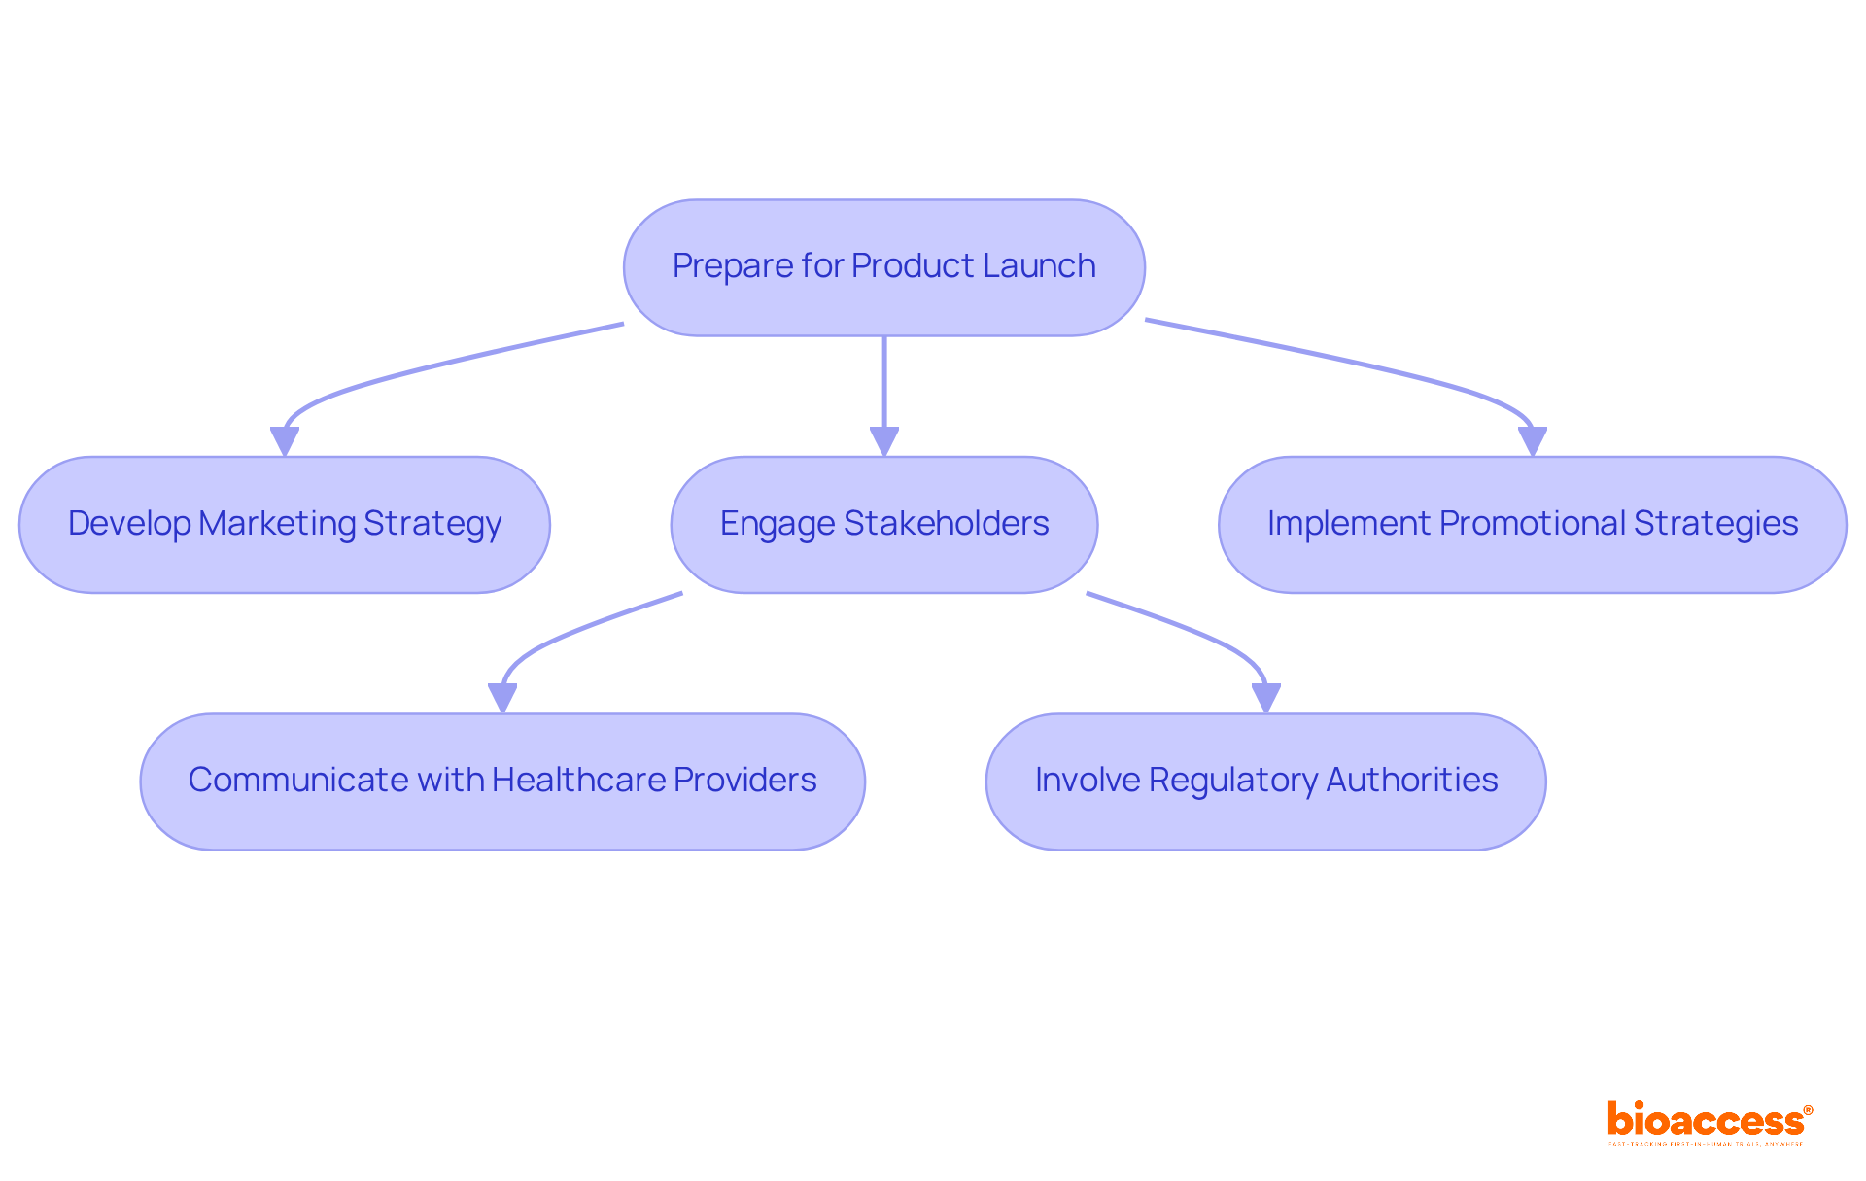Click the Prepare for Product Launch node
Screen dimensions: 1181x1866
click(883, 267)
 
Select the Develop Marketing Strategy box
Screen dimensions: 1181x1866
click(284, 525)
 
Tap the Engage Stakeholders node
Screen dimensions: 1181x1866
click(883, 525)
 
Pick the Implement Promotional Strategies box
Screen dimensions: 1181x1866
click(1532, 525)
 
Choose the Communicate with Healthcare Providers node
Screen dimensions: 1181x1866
click(502, 782)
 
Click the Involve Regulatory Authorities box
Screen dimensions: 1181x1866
click(1265, 782)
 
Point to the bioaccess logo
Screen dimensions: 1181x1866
click(1709, 1122)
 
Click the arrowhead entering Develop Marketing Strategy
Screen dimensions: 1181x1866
click(284, 441)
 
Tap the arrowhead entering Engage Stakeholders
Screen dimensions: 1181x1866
click(883, 441)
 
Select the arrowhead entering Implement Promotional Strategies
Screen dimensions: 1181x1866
click(1532, 441)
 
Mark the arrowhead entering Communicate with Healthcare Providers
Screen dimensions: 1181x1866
click(502, 698)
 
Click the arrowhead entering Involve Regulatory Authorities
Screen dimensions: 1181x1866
click(1265, 698)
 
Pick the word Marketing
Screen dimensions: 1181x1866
click(278, 523)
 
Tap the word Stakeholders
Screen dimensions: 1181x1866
click(946, 523)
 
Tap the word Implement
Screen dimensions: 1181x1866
click(1349, 523)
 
